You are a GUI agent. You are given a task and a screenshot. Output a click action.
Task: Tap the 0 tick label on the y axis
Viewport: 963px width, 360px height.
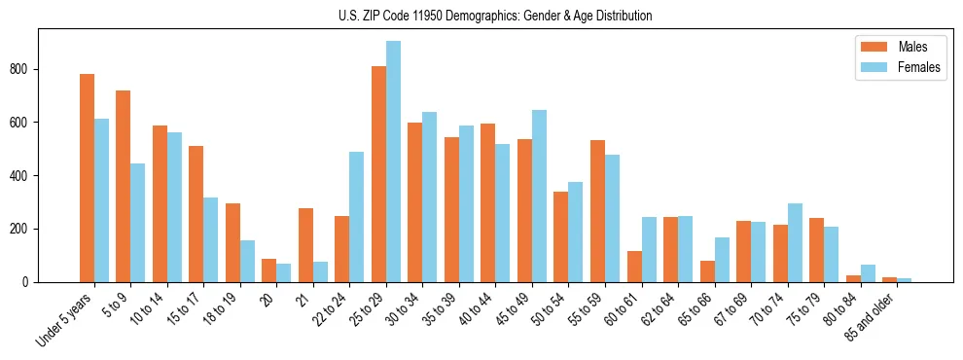[x=31, y=282]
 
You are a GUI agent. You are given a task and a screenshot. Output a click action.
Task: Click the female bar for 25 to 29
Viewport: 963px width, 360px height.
[x=393, y=162]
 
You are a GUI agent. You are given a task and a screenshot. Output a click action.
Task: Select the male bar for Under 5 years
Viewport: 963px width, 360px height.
[x=87, y=178]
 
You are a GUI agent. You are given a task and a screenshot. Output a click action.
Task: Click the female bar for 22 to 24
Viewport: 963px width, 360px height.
[x=357, y=217]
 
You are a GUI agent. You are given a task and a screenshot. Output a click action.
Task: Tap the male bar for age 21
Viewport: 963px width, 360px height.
[x=305, y=245]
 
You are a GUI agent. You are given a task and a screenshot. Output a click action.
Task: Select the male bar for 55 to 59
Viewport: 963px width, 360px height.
[x=597, y=211]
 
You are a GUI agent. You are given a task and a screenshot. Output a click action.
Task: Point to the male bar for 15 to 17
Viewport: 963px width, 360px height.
[x=196, y=214]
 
